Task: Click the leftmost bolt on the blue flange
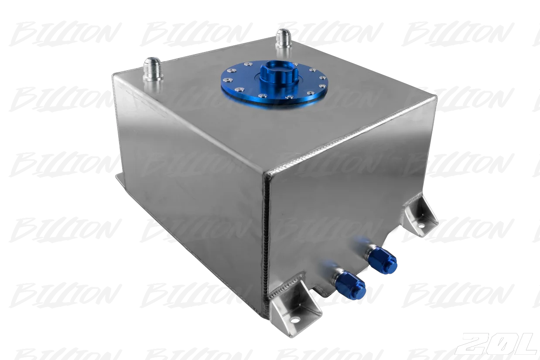[x=226, y=80]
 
